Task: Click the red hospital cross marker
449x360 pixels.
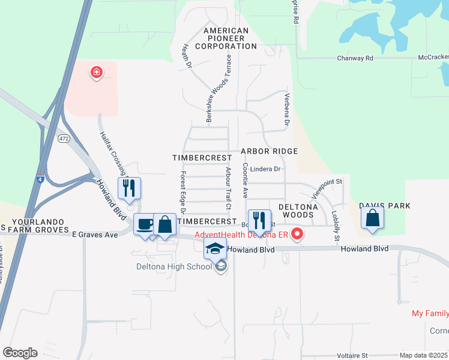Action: pos(95,73)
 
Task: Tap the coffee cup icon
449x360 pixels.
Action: pos(144,224)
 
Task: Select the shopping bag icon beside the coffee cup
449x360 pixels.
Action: pos(164,224)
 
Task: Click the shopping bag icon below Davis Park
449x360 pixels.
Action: pos(373,220)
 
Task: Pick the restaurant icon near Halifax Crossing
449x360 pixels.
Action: pos(129,188)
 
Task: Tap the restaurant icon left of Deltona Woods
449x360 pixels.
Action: pos(259,221)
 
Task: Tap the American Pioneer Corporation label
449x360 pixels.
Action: pos(226,38)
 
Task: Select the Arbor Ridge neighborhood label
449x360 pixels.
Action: pos(269,152)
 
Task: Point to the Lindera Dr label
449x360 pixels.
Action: pos(265,169)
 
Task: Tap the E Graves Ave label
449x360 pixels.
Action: pos(95,235)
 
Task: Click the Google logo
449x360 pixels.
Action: pos(20,352)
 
